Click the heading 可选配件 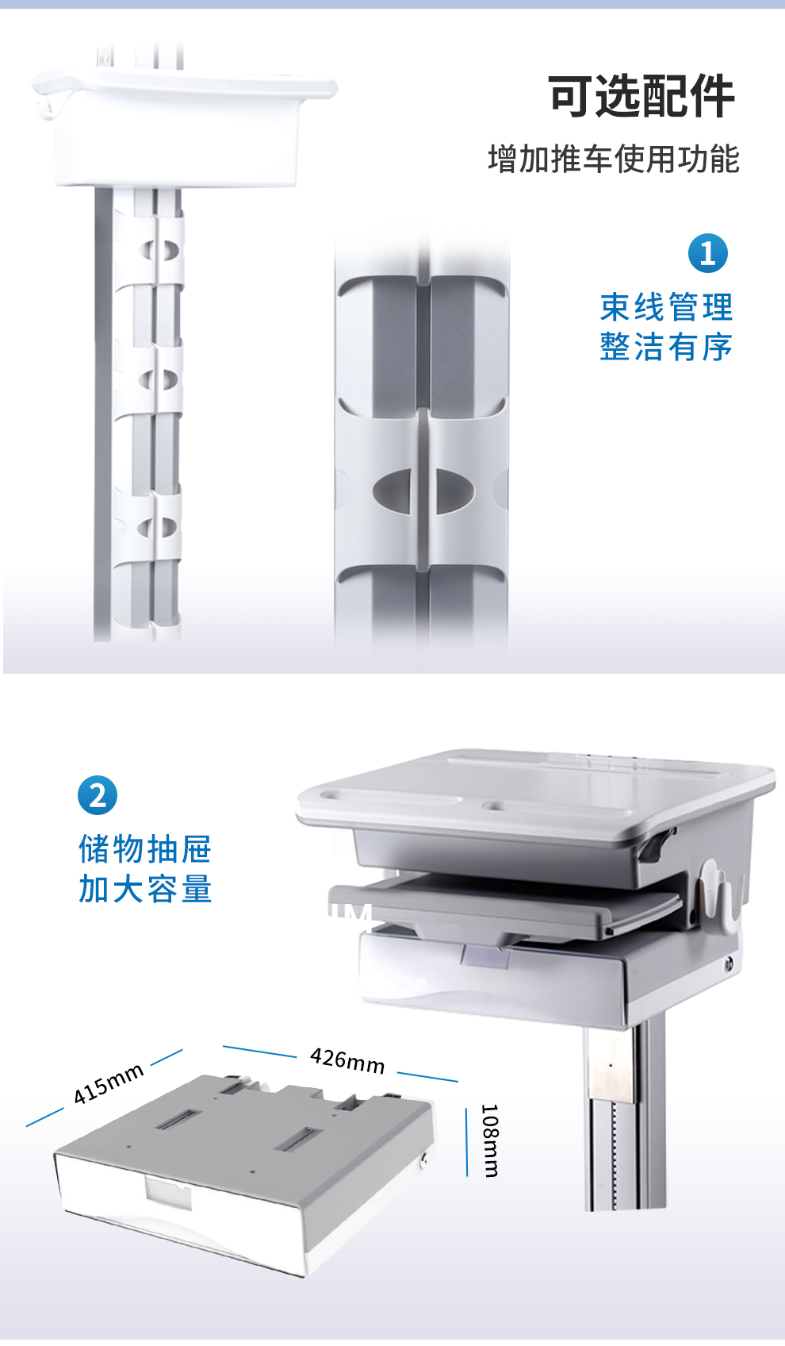click(x=641, y=97)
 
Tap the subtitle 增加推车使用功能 click(x=614, y=160)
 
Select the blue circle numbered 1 click(x=707, y=253)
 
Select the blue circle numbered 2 click(x=98, y=795)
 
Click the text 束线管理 click(x=666, y=307)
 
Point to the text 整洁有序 click(x=666, y=347)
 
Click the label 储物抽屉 click(x=145, y=848)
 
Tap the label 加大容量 click(x=145, y=889)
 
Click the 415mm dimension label click(x=108, y=1083)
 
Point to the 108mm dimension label click(x=490, y=1140)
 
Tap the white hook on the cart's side click(x=717, y=895)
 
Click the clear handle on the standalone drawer click(x=168, y=1193)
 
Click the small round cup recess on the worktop click(x=495, y=806)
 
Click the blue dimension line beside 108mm click(x=466, y=1142)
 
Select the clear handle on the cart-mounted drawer click(x=485, y=956)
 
